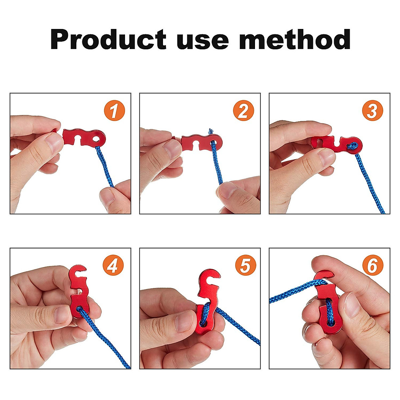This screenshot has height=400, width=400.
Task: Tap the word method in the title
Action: pyautogui.click(x=295, y=39)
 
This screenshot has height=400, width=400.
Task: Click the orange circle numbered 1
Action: pyautogui.click(x=114, y=111)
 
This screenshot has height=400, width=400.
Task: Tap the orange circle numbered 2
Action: pyautogui.click(x=243, y=111)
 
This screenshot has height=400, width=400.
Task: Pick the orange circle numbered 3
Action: pyautogui.click(x=372, y=111)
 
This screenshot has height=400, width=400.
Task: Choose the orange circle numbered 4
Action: pyautogui.click(x=113, y=266)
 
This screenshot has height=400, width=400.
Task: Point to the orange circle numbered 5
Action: pyautogui.click(x=245, y=266)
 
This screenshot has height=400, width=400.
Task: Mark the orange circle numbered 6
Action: pyautogui.click(x=373, y=266)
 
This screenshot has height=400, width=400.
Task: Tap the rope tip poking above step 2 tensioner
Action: pyautogui.click(x=211, y=131)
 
